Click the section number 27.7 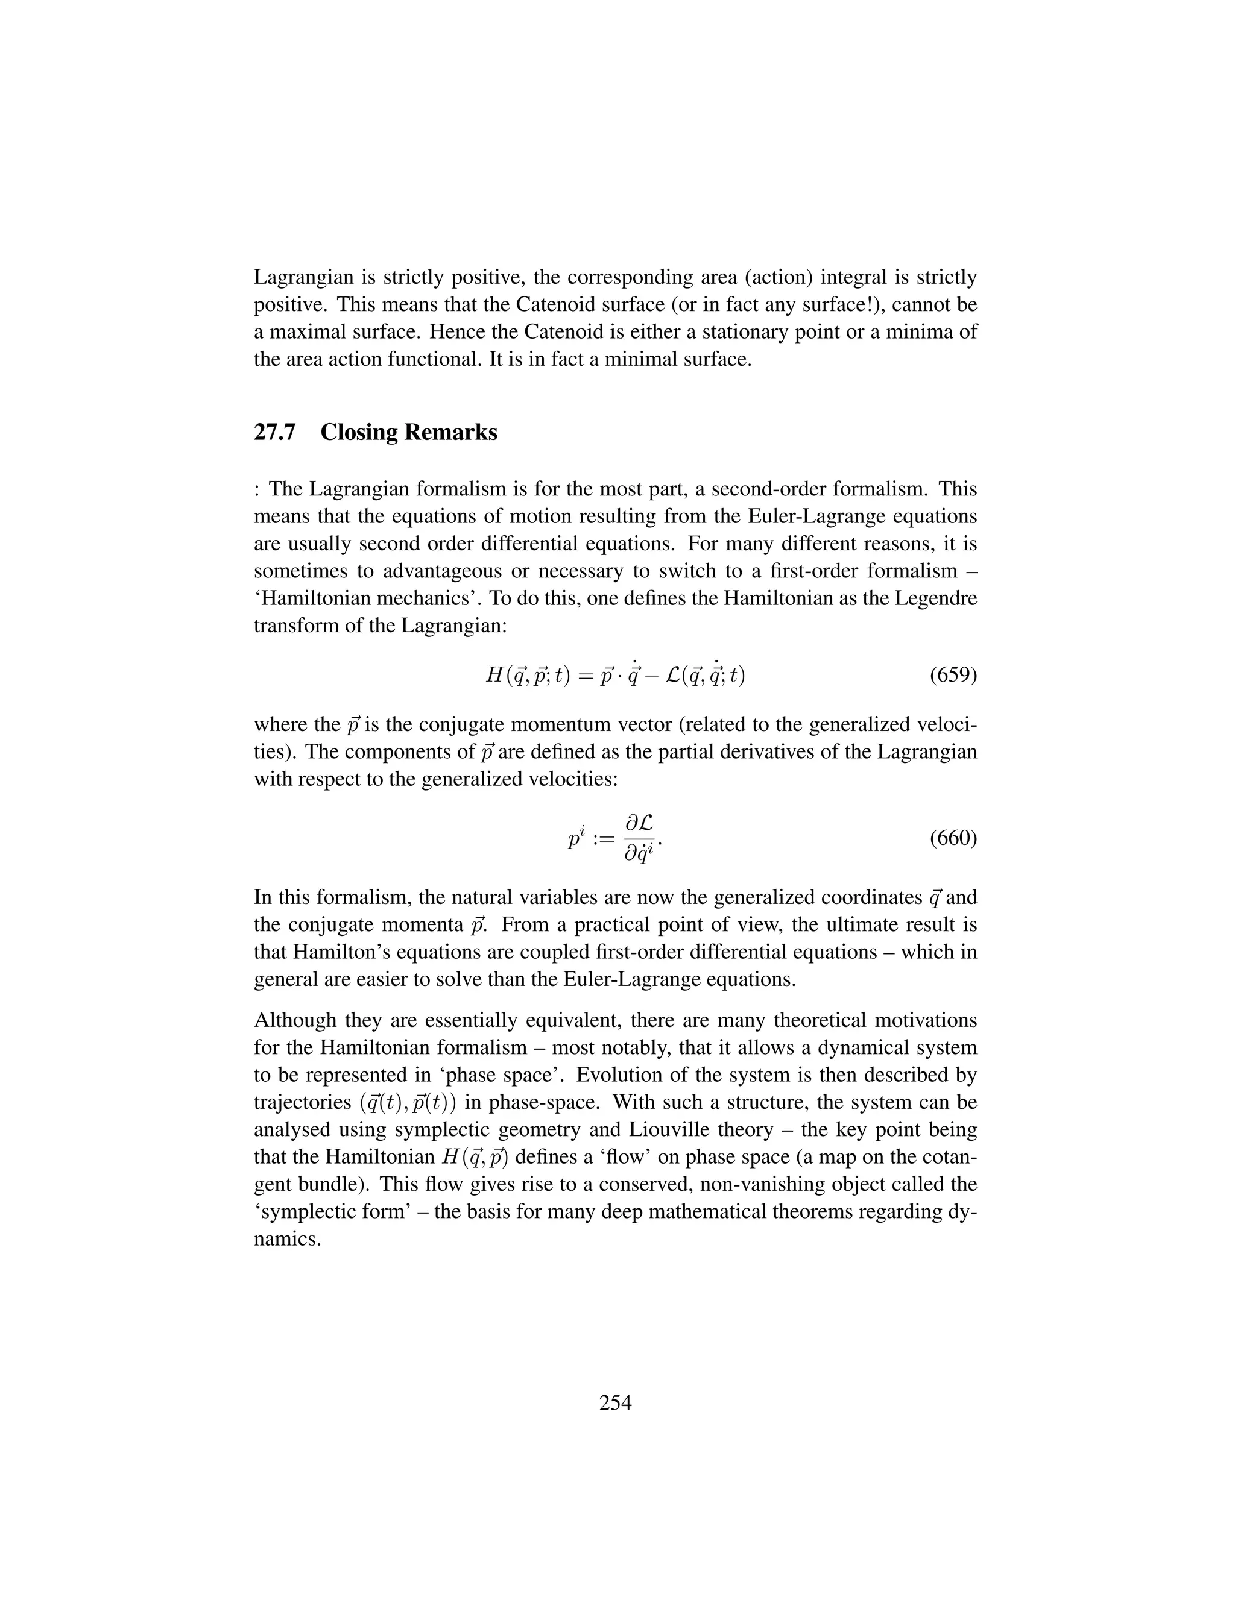274,432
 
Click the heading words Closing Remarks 408,432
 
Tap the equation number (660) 953,838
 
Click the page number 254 615,1402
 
